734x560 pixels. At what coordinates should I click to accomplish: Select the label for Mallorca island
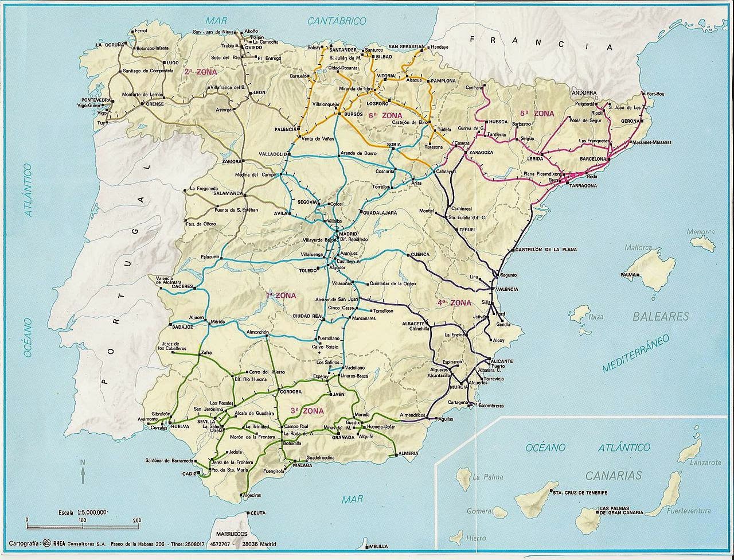click(638, 248)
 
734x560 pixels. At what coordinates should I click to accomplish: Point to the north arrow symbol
click(83, 473)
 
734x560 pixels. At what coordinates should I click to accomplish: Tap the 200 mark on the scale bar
click(136, 520)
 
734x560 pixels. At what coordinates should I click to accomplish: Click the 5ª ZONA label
click(537, 114)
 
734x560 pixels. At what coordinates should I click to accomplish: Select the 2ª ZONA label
click(197, 72)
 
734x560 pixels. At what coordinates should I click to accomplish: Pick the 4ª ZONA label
click(454, 302)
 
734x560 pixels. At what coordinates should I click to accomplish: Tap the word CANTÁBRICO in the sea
click(337, 21)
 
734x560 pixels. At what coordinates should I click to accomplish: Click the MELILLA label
click(379, 546)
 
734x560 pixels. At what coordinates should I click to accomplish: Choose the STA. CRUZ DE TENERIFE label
click(579, 492)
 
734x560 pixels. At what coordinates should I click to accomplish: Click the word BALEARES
click(661, 316)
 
